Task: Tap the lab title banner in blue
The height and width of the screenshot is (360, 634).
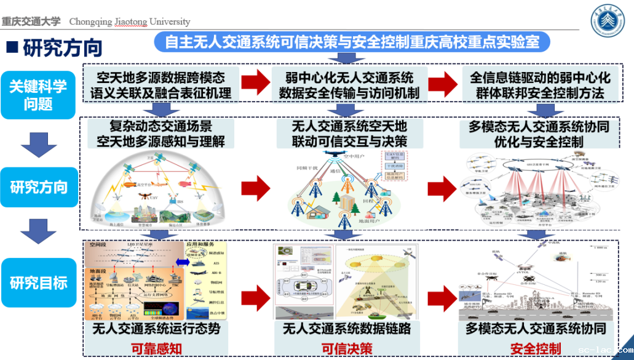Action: pos(352,42)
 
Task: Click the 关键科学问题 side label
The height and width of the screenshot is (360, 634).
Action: pos(38,95)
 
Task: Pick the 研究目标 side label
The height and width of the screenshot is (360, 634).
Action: pos(39,283)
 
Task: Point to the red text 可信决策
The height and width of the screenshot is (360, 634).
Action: pos(347,349)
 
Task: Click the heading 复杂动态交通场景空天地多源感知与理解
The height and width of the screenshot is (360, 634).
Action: pos(160,134)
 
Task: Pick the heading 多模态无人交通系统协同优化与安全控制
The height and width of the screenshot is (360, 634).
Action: pos(539,134)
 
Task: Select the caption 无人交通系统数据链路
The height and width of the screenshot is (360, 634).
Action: pos(347,329)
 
